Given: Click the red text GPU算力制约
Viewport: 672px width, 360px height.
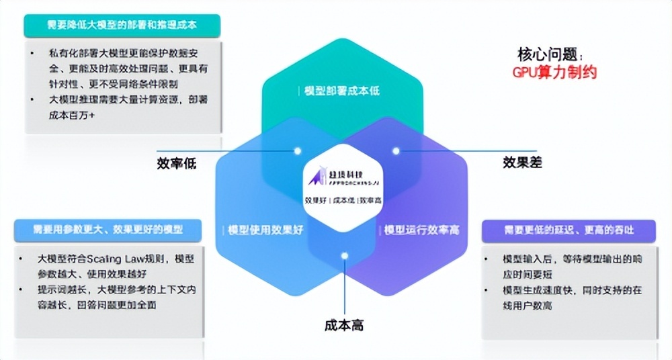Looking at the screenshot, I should pyautogui.click(x=554, y=72).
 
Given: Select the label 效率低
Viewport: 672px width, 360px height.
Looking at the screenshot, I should pyautogui.click(x=177, y=163).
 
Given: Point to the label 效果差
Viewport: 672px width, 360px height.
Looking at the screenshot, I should pyautogui.click(x=522, y=162).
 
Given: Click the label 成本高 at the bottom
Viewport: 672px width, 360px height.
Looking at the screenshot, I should pyautogui.click(x=343, y=326).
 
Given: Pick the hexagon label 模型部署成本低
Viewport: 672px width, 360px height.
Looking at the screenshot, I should pyautogui.click(x=342, y=90).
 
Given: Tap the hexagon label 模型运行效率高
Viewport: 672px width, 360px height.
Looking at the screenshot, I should pyautogui.click(x=421, y=230).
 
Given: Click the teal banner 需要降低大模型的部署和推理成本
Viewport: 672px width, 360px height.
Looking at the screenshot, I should pyautogui.click(x=122, y=26).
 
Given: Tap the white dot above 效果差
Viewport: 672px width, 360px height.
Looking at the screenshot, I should pyautogui.click(x=396, y=150).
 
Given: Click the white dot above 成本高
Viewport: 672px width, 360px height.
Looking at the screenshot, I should pyautogui.click(x=344, y=256).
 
